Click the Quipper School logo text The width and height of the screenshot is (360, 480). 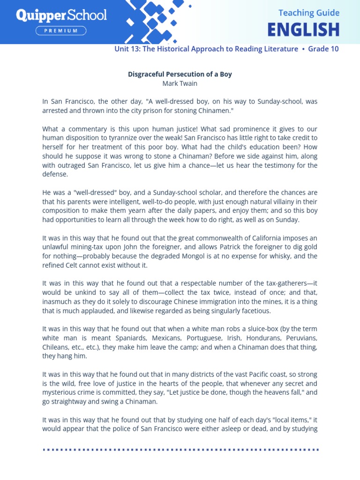[61, 15]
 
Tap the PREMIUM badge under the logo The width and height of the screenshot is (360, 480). [61, 31]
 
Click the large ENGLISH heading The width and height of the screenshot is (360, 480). [303, 30]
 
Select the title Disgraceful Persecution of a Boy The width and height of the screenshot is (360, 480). [180, 74]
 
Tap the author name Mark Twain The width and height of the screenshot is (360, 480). [180, 83]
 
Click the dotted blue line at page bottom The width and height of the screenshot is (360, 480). [180, 450]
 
